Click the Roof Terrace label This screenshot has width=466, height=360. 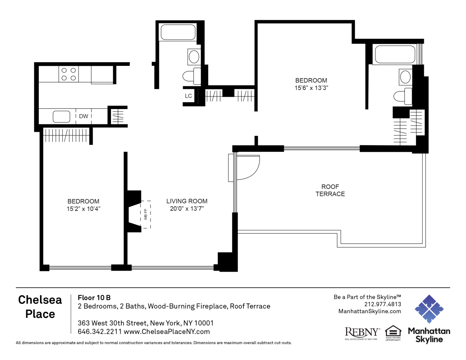pyautogui.click(x=330, y=190)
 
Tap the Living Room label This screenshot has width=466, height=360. pyautogui.click(x=187, y=201)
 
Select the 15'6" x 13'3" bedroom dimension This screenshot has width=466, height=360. pyautogui.click(x=311, y=88)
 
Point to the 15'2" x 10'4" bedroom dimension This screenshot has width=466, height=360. pyautogui.click(x=84, y=209)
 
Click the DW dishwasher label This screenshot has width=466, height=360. pyautogui.click(x=84, y=116)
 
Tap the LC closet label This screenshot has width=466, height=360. pyautogui.click(x=188, y=96)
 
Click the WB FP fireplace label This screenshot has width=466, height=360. pyautogui.click(x=146, y=214)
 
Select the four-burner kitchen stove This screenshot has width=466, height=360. pyautogui.click(x=69, y=74)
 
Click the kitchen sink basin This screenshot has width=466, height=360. pyautogui.click(x=61, y=117)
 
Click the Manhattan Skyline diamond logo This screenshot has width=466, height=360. pyautogui.click(x=429, y=309)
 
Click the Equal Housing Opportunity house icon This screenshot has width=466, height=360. pyautogui.click(x=393, y=331)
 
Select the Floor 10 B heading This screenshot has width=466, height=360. pyautogui.click(x=94, y=298)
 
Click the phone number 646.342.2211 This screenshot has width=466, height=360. pyautogui.click(x=100, y=332)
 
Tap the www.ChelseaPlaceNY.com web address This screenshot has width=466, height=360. pyautogui.click(x=167, y=332)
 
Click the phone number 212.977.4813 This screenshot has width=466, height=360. pyautogui.click(x=382, y=304)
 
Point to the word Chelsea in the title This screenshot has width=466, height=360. pyautogui.click(x=40, y=300)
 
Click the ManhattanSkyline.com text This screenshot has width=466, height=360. pyautogui.click(x=370, y=311)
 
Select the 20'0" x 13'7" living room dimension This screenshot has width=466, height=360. pyautogui.click(x=187, y=208)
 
